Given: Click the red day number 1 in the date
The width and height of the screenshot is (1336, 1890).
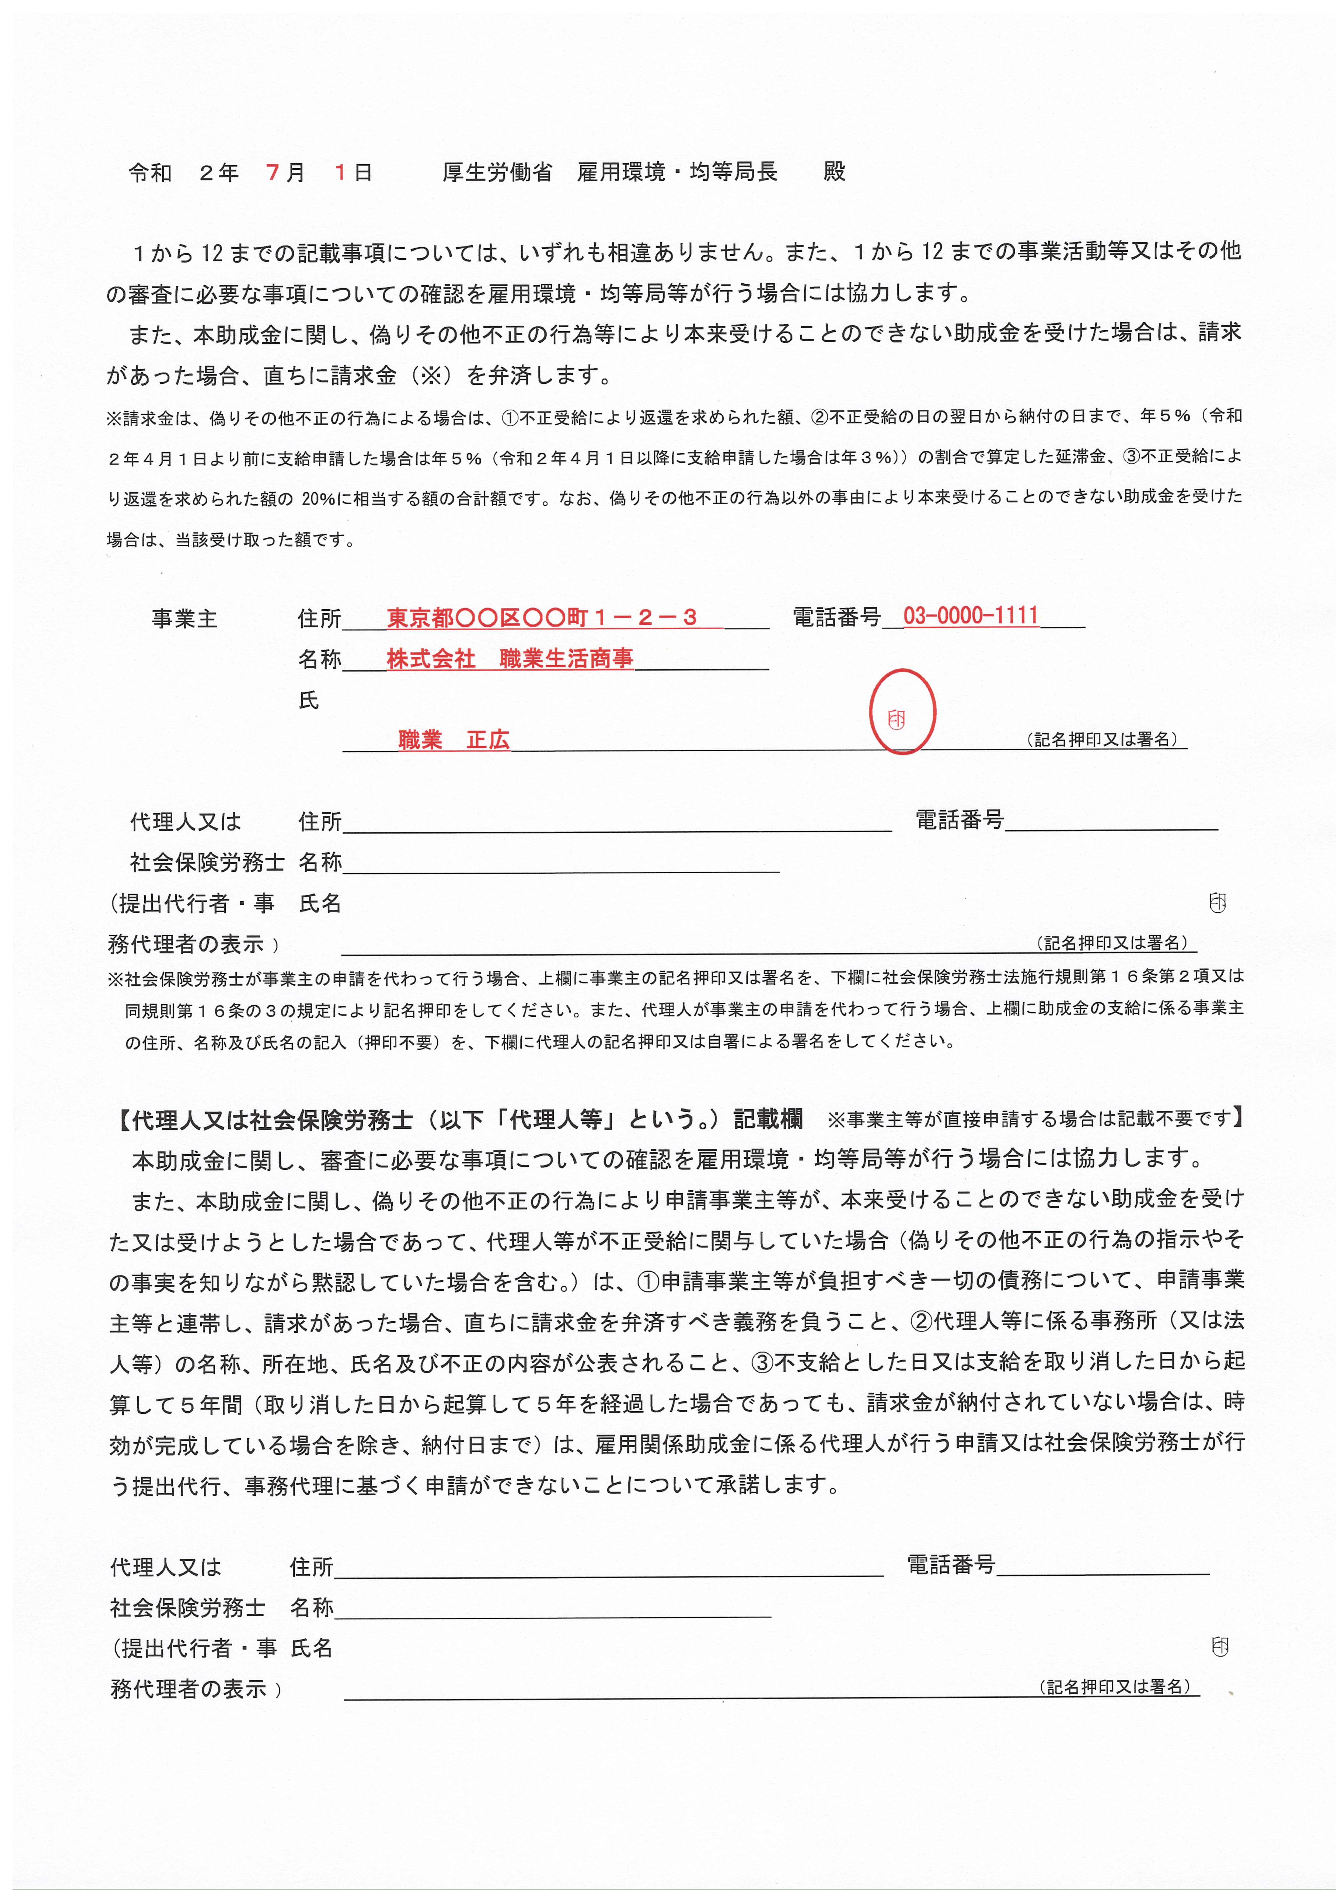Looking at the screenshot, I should pos(339,172).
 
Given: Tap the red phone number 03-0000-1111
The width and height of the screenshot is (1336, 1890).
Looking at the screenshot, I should pos(971,616).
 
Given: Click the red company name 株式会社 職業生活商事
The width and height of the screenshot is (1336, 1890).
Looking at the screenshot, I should pos(510,659).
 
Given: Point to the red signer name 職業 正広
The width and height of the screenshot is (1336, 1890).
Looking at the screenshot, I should pos(454,740).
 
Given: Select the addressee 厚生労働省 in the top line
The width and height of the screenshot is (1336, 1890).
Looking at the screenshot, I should pos(496,172).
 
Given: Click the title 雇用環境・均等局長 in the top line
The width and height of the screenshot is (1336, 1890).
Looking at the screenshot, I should pos(677,172).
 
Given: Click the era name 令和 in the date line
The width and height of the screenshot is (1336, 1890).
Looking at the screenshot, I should pos(150,172).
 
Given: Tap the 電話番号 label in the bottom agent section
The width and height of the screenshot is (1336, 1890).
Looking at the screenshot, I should pos(951,1564).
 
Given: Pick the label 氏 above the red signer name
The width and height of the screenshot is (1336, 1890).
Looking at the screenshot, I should pos(309,700).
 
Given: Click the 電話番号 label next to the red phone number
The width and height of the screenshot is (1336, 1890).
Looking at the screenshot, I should pos(836,617).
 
